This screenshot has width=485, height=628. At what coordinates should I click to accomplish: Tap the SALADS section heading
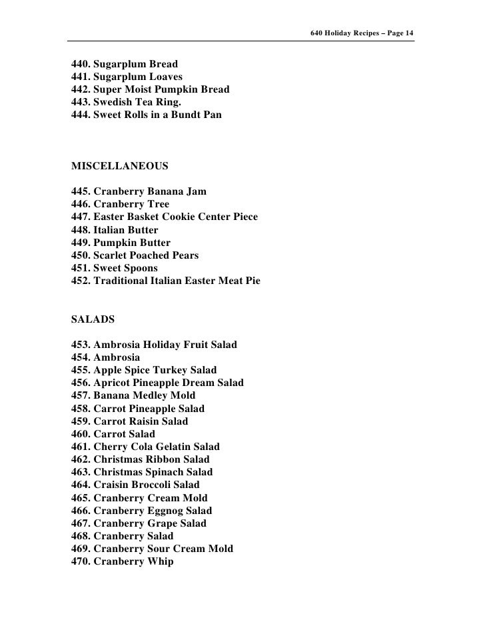(x=93, y=319)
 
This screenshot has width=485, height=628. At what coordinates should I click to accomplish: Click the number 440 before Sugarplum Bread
(x=80, y=65)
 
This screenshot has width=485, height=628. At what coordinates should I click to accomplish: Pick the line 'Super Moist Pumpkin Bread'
(x=162, y=90)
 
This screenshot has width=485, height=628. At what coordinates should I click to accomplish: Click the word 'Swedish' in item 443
(x=115, y=103)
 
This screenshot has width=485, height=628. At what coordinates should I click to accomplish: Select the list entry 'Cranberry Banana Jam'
(x=150, y=192)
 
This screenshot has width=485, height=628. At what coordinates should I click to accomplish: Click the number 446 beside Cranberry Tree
(x=80, y=205)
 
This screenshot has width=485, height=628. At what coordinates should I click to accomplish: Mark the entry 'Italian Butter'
(x=126, y=230)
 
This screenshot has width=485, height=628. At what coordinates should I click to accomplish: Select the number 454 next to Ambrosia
(x=80, y=357)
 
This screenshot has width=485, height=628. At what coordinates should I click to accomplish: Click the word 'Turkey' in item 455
(x=175, y=370)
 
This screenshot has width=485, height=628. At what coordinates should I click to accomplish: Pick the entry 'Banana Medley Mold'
(x=145, y=395)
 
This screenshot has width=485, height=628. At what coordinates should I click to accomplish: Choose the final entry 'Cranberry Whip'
(x=133, y=561)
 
